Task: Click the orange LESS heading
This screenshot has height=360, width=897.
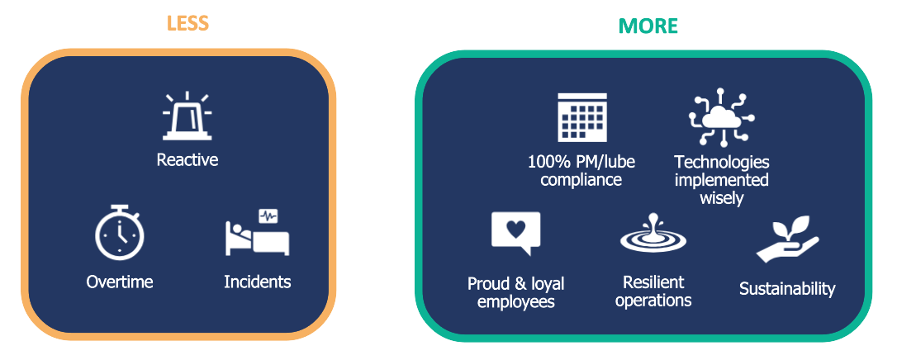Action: click(187, 23)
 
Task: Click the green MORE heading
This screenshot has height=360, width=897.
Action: click(648, 26)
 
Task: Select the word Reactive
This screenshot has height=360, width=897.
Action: click(187, 159)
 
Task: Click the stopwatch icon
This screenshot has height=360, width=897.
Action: click(119, 232)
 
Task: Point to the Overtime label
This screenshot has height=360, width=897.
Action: click(120, 282)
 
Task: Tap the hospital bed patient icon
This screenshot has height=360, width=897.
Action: click(258, 233)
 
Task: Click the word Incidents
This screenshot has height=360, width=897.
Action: click(258, 282)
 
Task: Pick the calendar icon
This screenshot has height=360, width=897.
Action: click(581, 117)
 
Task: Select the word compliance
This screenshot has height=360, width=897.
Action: click(581, 179)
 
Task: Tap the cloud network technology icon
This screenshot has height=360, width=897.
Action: click(721, 117)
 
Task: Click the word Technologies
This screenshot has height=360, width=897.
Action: click(722, 163)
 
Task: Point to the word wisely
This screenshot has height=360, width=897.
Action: click(722, 197)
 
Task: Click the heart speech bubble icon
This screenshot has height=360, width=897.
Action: click(515, 234)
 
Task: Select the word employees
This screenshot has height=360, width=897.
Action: click(516, 301)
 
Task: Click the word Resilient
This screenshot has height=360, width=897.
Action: click(653, 282)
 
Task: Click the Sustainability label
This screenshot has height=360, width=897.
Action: click(787, 288)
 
